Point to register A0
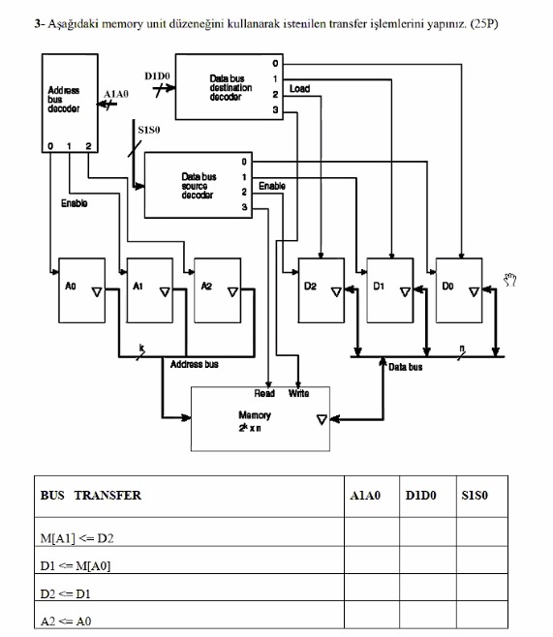click(x=80, y=290)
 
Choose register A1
click(x=148, y=290)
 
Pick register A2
click(x=216, y=290)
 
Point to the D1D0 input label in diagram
click(x=157, y=75)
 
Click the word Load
click(x=300, y=88)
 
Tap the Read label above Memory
click(x=264, y=394)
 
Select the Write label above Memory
click(x=298, y=394)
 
